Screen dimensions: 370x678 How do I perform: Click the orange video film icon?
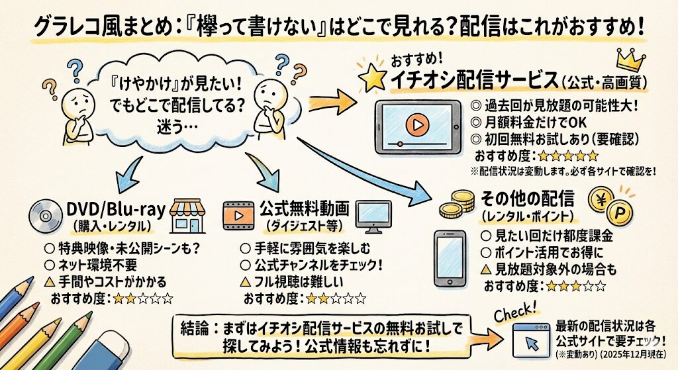click(238, 214)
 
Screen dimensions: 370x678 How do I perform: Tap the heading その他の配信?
click(518, 199)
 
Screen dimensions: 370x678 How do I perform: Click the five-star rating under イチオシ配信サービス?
click(569, 156)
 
